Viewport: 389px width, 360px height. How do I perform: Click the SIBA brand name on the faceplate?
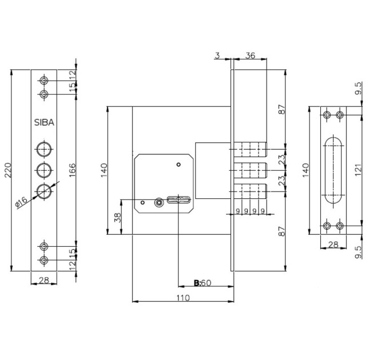[44, 122]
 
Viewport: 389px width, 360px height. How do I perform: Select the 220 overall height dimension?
[8, 170]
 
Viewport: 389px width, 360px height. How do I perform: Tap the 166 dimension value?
[72, 170]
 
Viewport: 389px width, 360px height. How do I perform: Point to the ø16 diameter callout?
[21, 202]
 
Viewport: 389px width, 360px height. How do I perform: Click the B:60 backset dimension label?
[203, 283]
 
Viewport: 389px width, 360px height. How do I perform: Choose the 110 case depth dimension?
[183, 298]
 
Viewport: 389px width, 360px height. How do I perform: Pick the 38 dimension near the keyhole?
[118, 217]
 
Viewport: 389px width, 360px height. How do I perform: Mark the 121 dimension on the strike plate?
[358, 170]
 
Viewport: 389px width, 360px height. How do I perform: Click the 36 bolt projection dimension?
[250, 55]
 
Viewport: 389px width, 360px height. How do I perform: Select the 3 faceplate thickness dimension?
[217, 55]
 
